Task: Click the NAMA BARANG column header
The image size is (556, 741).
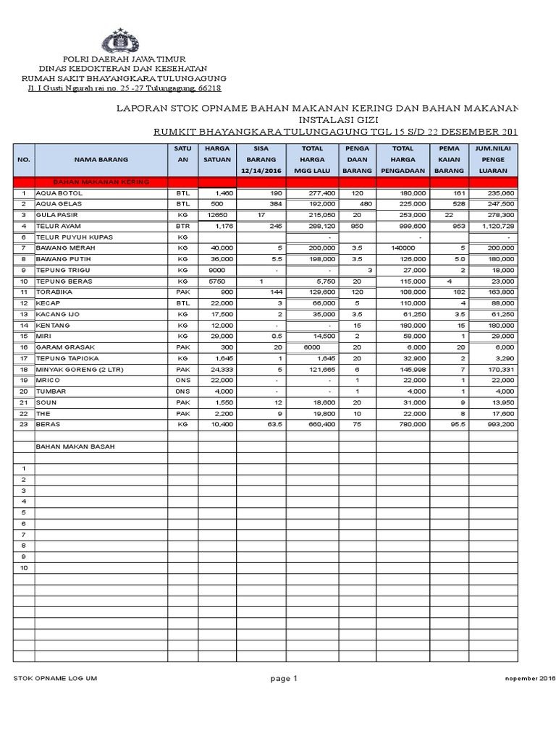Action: tap(101, 158)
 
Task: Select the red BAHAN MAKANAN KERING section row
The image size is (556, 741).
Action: tap(101, 182)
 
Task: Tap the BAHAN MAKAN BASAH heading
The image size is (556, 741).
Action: tap(75, 446)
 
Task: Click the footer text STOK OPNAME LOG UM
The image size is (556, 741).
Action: tap(55, 678)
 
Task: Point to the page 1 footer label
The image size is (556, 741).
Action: tap(284, 678)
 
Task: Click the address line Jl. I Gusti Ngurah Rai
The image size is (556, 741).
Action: tap(124, 88)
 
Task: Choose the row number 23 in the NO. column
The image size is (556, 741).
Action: tap(23, 424)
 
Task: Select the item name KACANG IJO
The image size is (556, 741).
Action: tap(55, 314)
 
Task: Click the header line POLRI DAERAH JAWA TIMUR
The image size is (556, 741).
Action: tap(124, 58)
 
